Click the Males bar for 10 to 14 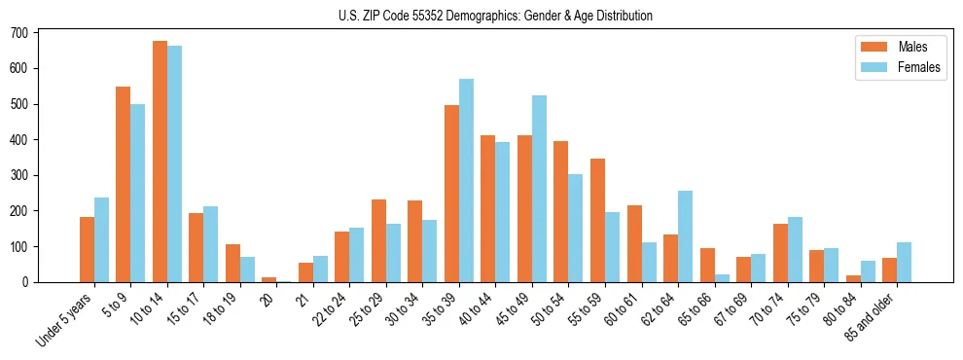(x=160, y=162)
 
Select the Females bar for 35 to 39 (x=467, y=181)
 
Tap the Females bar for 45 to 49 (x=540, y=189)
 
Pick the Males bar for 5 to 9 (x=124, y=185)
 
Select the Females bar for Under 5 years (x=101, y=240)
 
